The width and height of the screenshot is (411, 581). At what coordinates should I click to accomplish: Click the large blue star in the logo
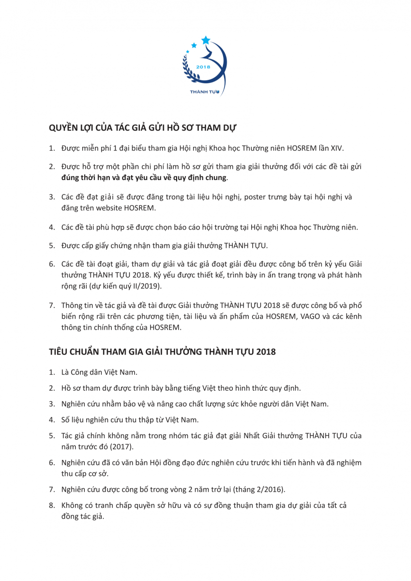[206, 39]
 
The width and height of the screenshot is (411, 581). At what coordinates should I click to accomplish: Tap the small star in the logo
[194, 45]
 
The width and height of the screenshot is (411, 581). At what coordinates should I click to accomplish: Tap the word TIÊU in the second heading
[60, 352]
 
